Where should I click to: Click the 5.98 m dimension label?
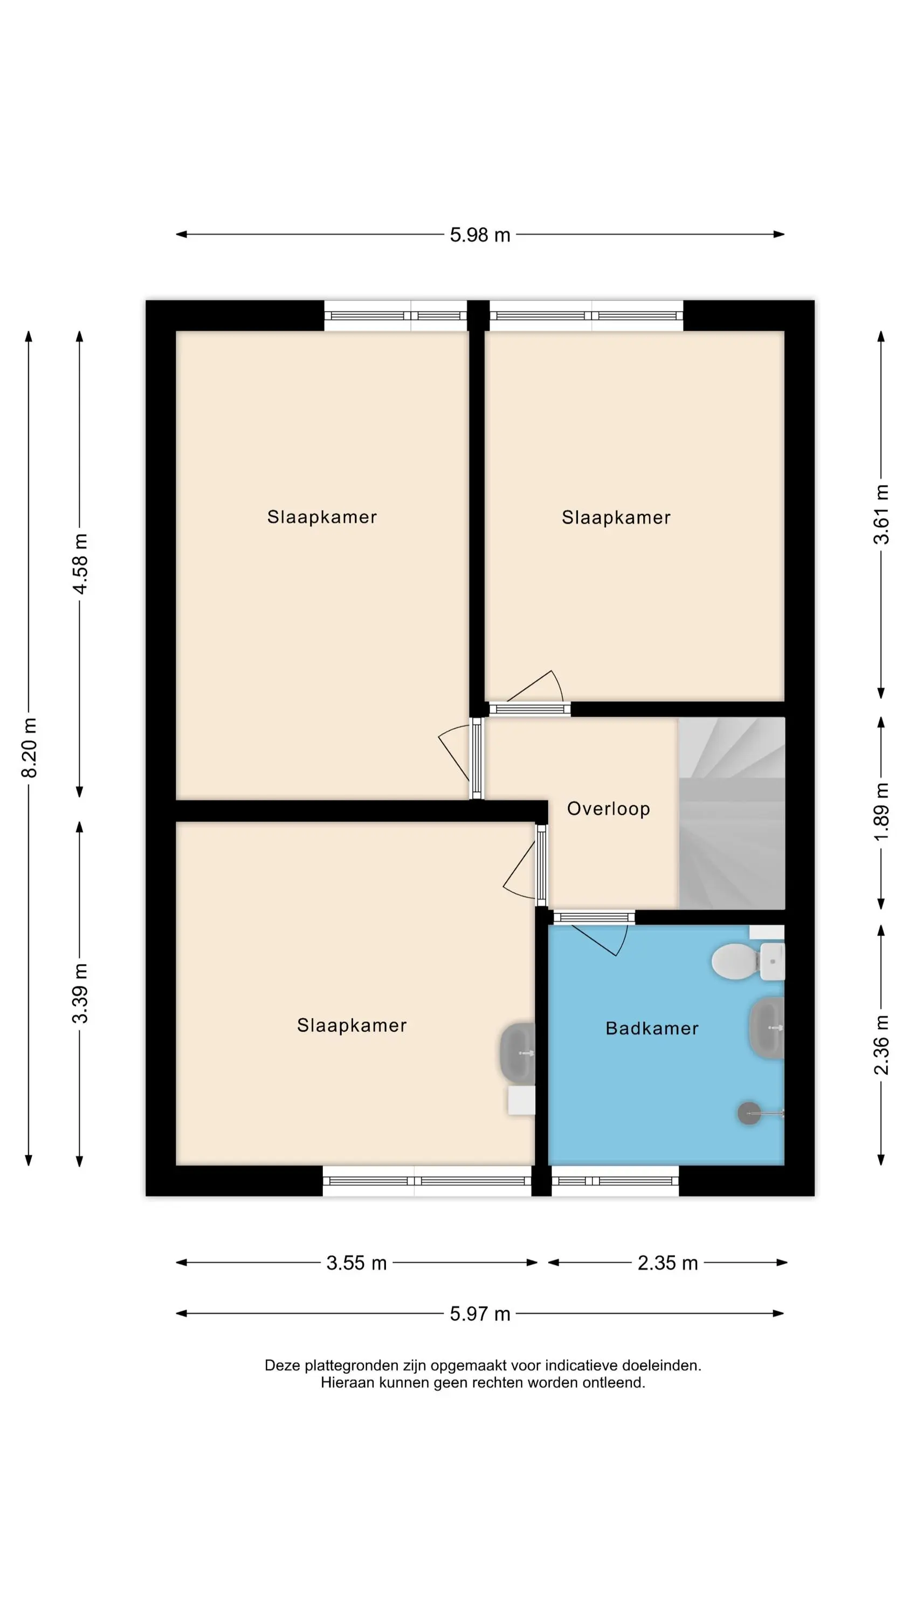(x=480, y=235)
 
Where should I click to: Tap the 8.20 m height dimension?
(x=29, y=748)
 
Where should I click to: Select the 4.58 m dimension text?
(x=80, y=564)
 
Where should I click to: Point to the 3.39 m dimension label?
(x=80, y=993)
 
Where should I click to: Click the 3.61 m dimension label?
(x=881, y=514)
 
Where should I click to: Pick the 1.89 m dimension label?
(x=881, y=812)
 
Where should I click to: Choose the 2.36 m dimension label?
(x=881, y=1044)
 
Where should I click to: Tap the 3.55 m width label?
(x=356, y=1263)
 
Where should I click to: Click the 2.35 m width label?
(x=667, y=1263)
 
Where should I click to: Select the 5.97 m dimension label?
(x=480, y=1313)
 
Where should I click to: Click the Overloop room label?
(x=608, y=809)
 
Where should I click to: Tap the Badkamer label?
(x=652, y=1028)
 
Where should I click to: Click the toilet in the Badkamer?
(x=747, y=961)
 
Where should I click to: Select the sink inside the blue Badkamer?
(x=766, y=1028)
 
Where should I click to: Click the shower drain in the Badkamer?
(x=749, y=1113)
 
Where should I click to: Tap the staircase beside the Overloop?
(x=732, y=813)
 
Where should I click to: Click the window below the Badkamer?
(x=615, y=1181)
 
